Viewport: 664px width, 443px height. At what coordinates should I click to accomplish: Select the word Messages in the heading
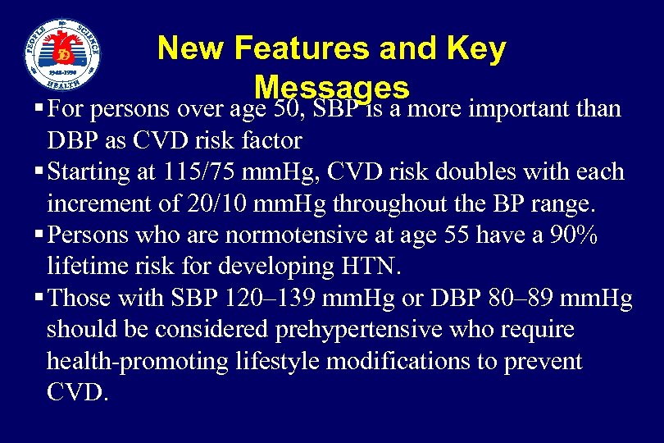coord(331,87)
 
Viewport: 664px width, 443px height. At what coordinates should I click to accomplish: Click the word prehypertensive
coord(392,330)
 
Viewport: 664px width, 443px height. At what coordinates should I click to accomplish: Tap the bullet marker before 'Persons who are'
coord(40,235)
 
